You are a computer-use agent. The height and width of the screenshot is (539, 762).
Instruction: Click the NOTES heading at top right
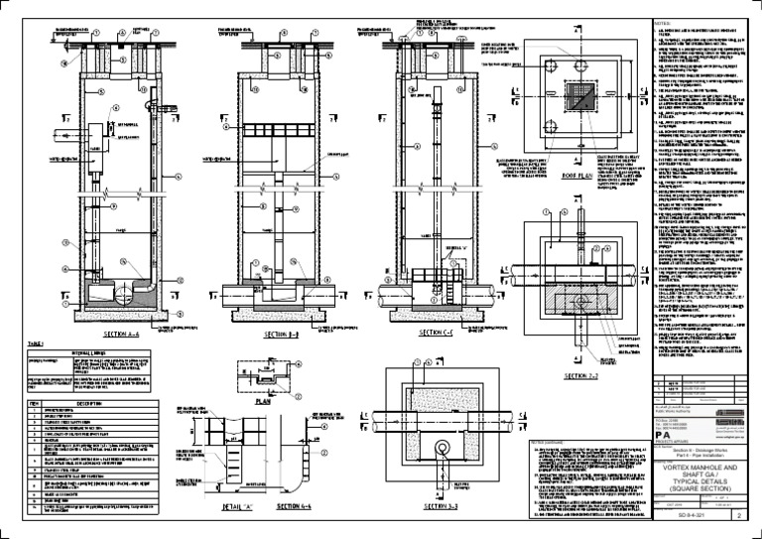pyautogui.click(x=662, y=23)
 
